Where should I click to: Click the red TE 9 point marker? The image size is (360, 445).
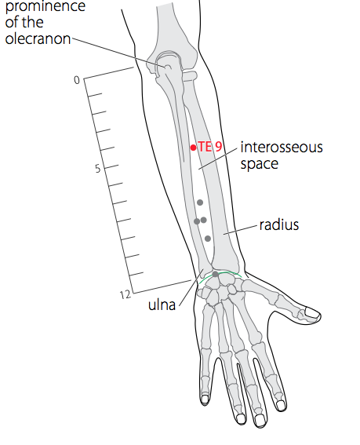(x=194, y=148)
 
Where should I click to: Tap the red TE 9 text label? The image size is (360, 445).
(x=209, y=147)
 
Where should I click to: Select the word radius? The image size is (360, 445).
(x=279, y=224)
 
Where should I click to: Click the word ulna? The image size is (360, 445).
(x=162, y=305)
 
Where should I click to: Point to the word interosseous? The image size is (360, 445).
(x=282, y=148)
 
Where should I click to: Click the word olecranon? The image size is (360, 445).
(x=38, y=39)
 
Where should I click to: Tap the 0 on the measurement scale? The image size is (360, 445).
(x=77, y=80)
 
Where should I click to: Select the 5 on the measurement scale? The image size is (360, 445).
(x=98, y=169)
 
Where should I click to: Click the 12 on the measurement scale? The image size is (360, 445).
(x=125, y=295)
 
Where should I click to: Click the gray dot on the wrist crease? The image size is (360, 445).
(x=216, y=274)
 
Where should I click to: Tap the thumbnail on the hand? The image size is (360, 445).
(x=311, y=313)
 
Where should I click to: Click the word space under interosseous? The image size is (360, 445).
(x=260, y=164)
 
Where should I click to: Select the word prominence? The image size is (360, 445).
(x=45, y=6)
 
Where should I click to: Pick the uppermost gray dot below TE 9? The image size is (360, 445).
(x=200, y=202)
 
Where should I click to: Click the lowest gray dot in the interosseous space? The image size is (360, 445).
(x=208, y=239)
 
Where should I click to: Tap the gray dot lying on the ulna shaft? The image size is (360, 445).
(x=197, y=221)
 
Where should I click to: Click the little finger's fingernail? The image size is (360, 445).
(x=205, y=399)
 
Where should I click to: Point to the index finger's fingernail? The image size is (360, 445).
(x=281, y=405)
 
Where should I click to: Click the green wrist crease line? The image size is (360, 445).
(x=220, y=275)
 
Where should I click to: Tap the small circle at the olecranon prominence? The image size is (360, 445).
(x=167, y=67)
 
